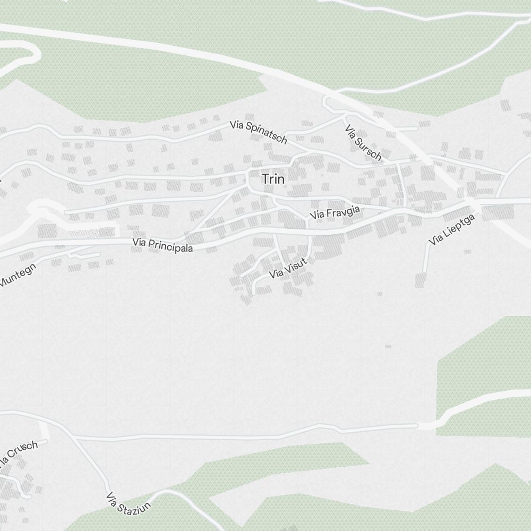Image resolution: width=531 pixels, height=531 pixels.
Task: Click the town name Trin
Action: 273,179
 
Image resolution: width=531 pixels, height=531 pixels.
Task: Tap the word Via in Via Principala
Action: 139,242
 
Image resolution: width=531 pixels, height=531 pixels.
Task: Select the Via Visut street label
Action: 288,268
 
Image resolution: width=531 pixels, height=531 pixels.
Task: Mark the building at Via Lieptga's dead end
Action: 421,280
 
